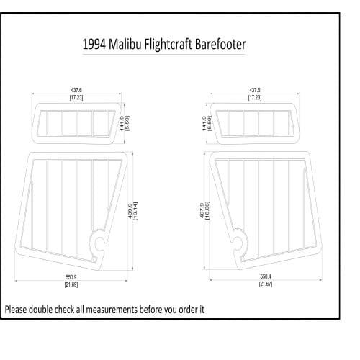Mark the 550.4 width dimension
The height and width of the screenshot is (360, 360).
[x=265, y=277]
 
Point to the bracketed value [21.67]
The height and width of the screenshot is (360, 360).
[x=265, y=284]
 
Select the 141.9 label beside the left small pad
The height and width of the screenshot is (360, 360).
[x=122, y=123]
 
